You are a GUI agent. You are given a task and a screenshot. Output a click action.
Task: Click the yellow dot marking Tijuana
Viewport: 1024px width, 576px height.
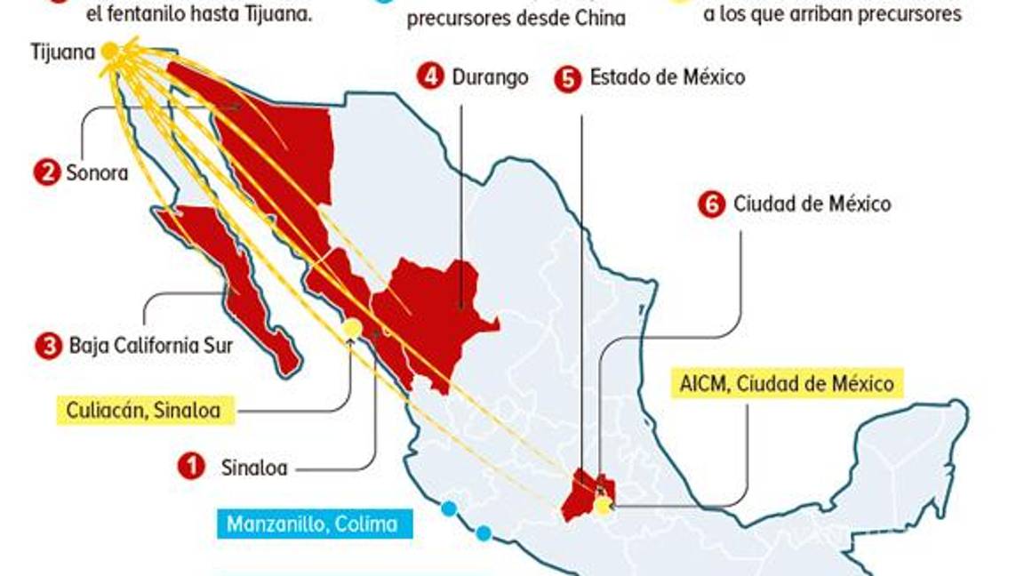point(109,52)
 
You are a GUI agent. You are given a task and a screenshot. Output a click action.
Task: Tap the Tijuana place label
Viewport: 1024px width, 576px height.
point(62,52)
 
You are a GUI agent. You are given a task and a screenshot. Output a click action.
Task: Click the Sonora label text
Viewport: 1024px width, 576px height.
point(97,172)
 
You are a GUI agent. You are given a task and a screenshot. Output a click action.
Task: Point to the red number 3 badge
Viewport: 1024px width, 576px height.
point(48,345)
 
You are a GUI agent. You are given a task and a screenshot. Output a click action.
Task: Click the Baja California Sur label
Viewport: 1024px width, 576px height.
point(151,345)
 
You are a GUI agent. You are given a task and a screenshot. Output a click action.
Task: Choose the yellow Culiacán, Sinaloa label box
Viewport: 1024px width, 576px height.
point(143,411)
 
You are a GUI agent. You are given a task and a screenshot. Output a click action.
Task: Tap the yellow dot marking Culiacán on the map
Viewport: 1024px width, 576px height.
point(352,329)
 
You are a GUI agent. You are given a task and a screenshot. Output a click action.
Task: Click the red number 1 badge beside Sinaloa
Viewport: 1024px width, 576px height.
point(190,467)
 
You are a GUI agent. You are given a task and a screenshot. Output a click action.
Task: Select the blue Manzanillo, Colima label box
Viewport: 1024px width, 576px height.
point(311,524)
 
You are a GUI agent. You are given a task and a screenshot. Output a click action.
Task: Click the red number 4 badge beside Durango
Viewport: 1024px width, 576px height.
point(430,77)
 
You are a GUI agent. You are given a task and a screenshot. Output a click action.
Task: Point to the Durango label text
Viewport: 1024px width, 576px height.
point(490,77)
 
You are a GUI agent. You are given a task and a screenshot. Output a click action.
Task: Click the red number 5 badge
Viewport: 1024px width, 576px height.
point(567,78)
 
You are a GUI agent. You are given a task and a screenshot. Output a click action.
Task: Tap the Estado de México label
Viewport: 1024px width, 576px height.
point(667,77)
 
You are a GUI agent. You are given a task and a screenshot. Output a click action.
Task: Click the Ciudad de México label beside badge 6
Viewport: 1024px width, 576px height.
point(812,204)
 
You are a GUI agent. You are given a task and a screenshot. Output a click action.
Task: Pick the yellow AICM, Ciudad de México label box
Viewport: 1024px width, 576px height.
point(786,384)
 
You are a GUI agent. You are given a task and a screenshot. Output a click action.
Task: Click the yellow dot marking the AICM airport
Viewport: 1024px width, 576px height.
point(604,506)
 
